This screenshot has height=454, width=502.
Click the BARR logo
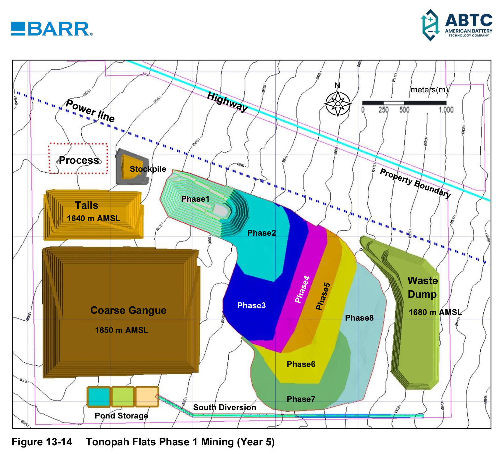pyautogui.click(x=52, y=29)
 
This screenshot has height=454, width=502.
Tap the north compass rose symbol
pyautogui.click(x=338, y=104)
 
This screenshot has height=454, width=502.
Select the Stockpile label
pyautogui.click(x=148, y=169)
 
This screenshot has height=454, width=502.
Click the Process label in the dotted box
pyautogui.click(x=79, y=160)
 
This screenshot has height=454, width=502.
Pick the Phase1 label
pyautogui.click(x=195, y=199)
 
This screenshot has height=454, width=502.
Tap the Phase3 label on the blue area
pyautogui.click(x=251, y=305)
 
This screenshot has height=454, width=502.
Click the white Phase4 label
pyautogui.click(x=302, y=289)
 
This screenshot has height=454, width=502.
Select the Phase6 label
pyautogui.click(x=301, y=364)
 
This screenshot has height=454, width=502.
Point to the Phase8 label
pyautogui.click(x=359, y=318)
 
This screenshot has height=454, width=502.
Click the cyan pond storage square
pyautogui.click(x=99, y=397)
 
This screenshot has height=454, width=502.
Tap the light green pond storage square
pyautogui.click(x=123, y=397)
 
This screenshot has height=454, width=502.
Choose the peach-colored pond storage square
pyautogui.click(x=147, y=396)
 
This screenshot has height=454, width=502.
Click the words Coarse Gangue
pyautogui.click(x=128, y=310)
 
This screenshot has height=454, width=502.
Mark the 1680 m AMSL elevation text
pyautogui.click(x=435, y=312)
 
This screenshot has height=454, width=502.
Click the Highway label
pyautogui.click(x=227, y=102)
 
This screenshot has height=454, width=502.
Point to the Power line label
pyautogui.click(x=90, y=111)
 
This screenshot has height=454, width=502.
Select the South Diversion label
pyautogui.click(x=225, y=407)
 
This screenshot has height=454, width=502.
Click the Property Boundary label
pyautogui.click(x=415, y=183)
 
